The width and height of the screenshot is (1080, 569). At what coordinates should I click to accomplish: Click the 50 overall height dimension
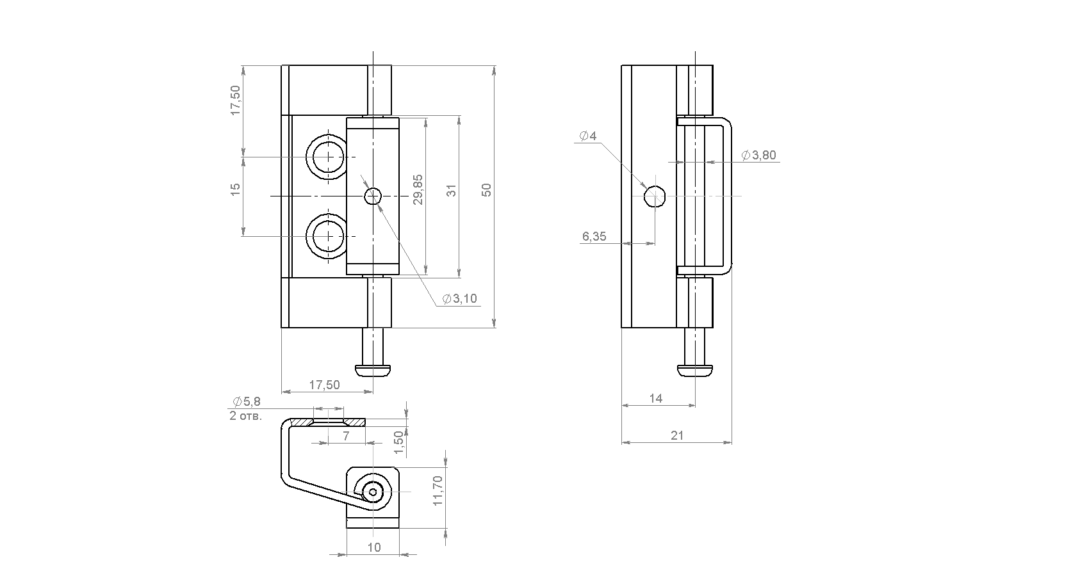tap(486, 189)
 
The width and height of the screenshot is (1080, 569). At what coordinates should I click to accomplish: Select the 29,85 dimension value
tap(418, 189)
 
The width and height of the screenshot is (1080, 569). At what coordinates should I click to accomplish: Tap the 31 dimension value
tap(452, 190)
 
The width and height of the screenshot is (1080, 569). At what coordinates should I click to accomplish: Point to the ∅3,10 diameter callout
tap(460, 299)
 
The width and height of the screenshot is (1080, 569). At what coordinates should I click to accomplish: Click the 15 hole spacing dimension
tap(235, 189)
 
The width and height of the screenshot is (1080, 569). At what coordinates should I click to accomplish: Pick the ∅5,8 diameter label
tap(247, 401)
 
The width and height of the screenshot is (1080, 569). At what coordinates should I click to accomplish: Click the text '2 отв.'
tap(246, 416)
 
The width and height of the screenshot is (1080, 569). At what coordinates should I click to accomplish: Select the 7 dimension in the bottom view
tap(346, 437)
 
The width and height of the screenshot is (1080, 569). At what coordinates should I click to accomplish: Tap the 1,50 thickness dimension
tap(398, 442)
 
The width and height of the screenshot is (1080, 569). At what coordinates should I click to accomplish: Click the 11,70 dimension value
tap(438, 490)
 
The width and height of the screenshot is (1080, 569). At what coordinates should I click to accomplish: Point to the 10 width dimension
tap(374, 547)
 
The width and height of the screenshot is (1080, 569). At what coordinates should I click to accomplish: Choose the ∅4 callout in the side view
tap(588, 136)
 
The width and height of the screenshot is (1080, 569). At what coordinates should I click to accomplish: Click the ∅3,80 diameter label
tap(758, 155)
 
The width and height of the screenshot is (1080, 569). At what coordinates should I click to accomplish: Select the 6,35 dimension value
tap(594, 237)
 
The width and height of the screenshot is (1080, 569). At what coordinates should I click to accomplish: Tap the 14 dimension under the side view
tap(656, 399)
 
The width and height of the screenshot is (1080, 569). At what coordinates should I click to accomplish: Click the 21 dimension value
tap(678, 435)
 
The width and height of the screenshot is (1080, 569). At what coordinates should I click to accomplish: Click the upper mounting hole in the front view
tap(329, 157)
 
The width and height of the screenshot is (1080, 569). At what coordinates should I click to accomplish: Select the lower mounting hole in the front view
tap(329, 237)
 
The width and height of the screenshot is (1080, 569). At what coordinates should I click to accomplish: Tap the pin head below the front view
tap(373, 371)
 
